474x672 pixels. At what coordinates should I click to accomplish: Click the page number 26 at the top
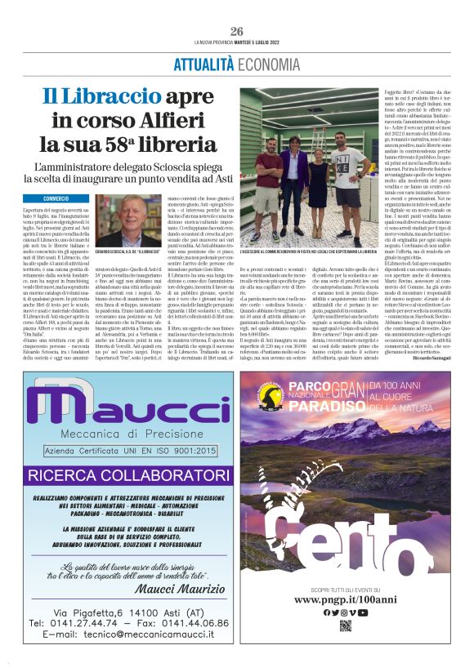[x=237, y=31]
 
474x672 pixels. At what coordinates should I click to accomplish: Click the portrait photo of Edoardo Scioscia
[x=128, y=220]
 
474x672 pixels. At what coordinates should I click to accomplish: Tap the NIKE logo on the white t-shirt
[x=343, y=154]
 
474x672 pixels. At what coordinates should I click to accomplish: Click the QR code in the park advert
[x=344, y=626]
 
